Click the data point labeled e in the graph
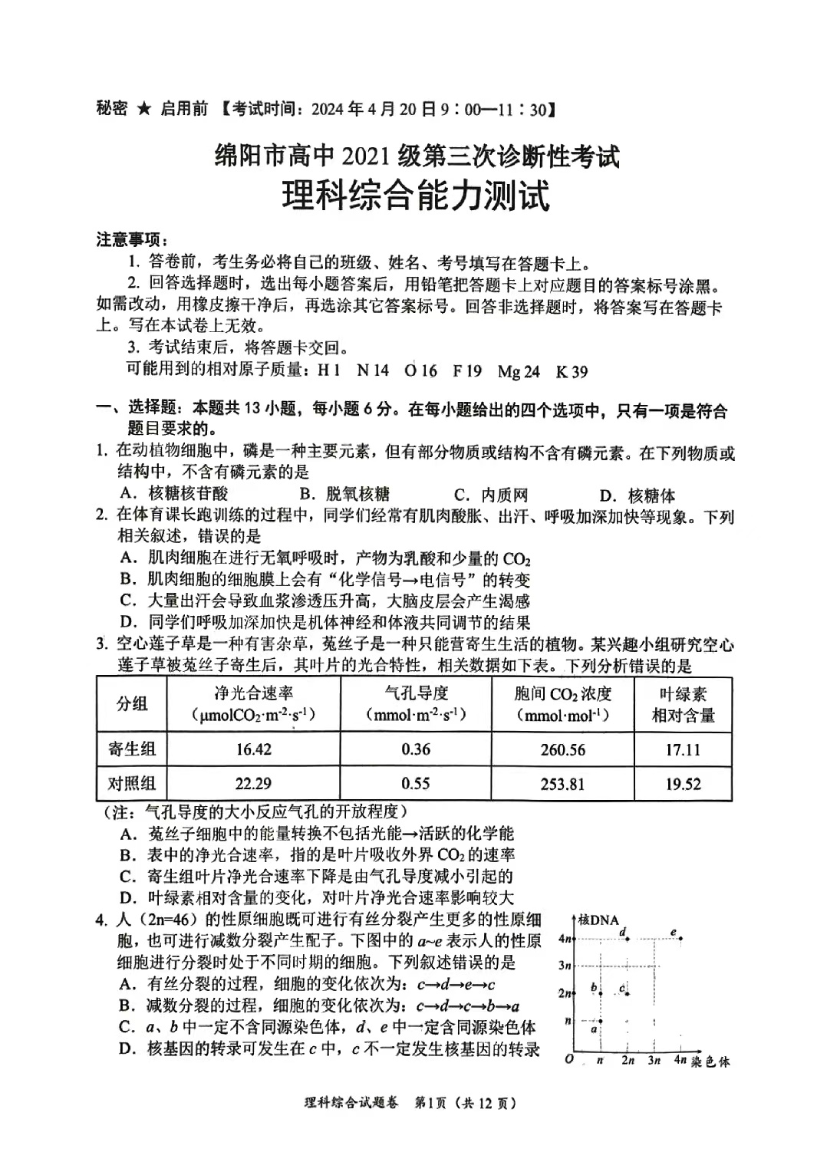(680, 939)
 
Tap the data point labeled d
(628, 939)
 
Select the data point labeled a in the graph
(601, 1021)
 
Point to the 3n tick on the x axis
(654, 1061)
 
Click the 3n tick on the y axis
(565, 966)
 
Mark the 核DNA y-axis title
(598, 920)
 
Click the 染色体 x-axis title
(710, 1062)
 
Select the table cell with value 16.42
(253, 749)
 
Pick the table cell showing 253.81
(562, 784)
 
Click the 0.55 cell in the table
(416, 784)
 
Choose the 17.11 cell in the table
(683, 749)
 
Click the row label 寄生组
(131, 749)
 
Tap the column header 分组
(131, 704)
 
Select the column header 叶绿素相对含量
(683, 705)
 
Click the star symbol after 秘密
(143, 109)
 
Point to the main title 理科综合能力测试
(415, 196)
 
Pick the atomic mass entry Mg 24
(519, 372)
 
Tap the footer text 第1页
(430, 1104)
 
